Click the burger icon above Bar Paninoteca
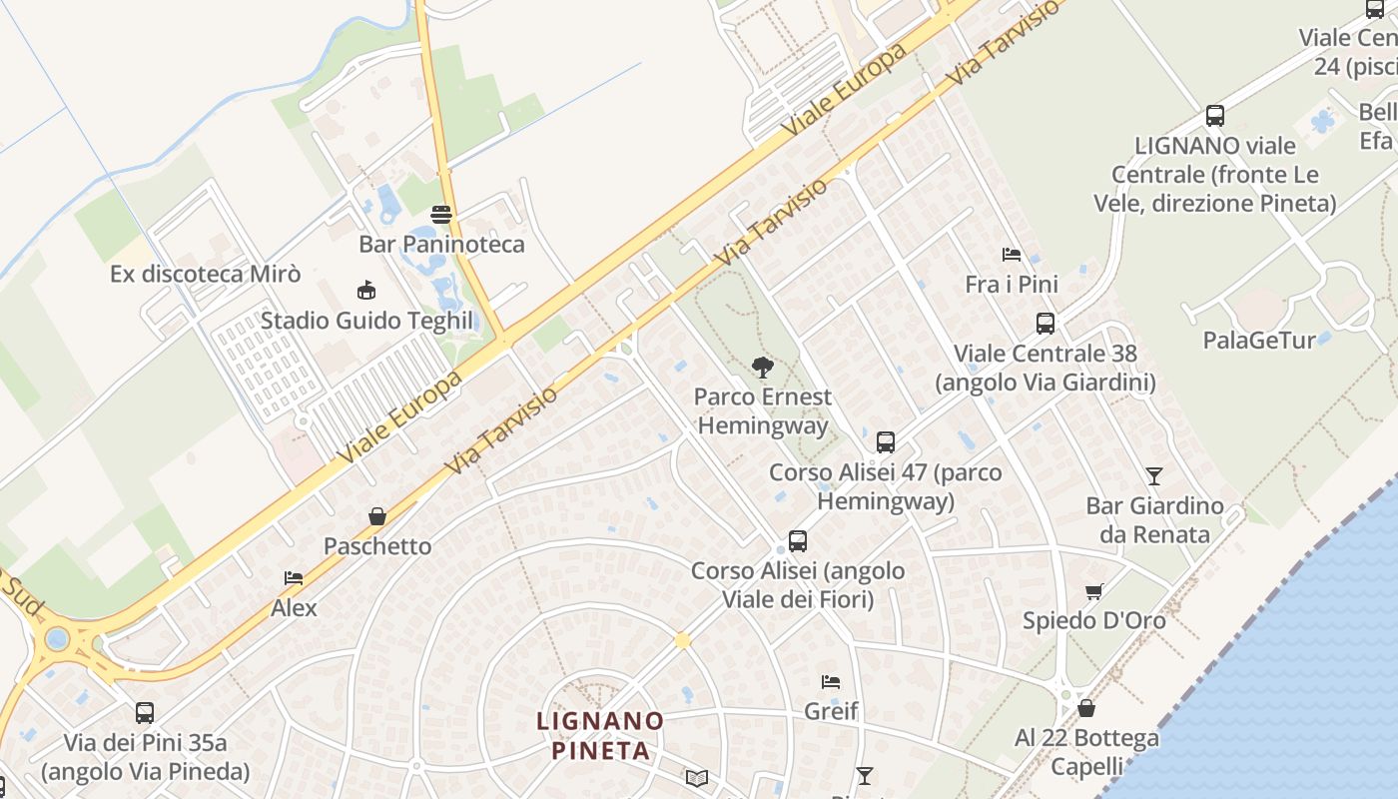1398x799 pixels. click(x=441, y=215)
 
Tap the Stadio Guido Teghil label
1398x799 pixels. click(x=366, y=321)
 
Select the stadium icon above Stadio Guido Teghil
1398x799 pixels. click(x=366, y=291)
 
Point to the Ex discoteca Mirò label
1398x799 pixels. click(x=205, y=274)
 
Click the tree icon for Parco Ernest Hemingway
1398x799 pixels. click(x=763, y=368)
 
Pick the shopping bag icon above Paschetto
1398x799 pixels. click(x=377, y=516)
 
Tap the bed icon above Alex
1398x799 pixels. click(x=294, y=578)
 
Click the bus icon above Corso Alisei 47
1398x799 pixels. click(x=886, y=442)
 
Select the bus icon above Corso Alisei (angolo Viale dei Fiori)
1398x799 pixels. click(x=798, y=541)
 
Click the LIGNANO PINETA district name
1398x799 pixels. click(x=600, y=735)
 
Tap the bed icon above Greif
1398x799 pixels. click(x=831, y=682)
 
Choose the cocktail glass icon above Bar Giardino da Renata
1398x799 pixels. click(x=1154, y=476)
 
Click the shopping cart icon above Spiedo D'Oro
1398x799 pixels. click(x=1093, y=591)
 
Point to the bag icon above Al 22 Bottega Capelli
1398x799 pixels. click(x=1086, y=708)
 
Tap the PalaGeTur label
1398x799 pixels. click(x=1259, y=340)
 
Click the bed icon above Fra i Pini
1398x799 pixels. click(x=1012, y=255)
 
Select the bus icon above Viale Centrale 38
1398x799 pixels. click(x=1046, y=324)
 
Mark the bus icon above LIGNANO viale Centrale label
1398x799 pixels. click(x=1215, y=116)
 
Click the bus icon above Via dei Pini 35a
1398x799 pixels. click(x=145, y=713)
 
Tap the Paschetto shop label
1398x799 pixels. click(x=377, y=546)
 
